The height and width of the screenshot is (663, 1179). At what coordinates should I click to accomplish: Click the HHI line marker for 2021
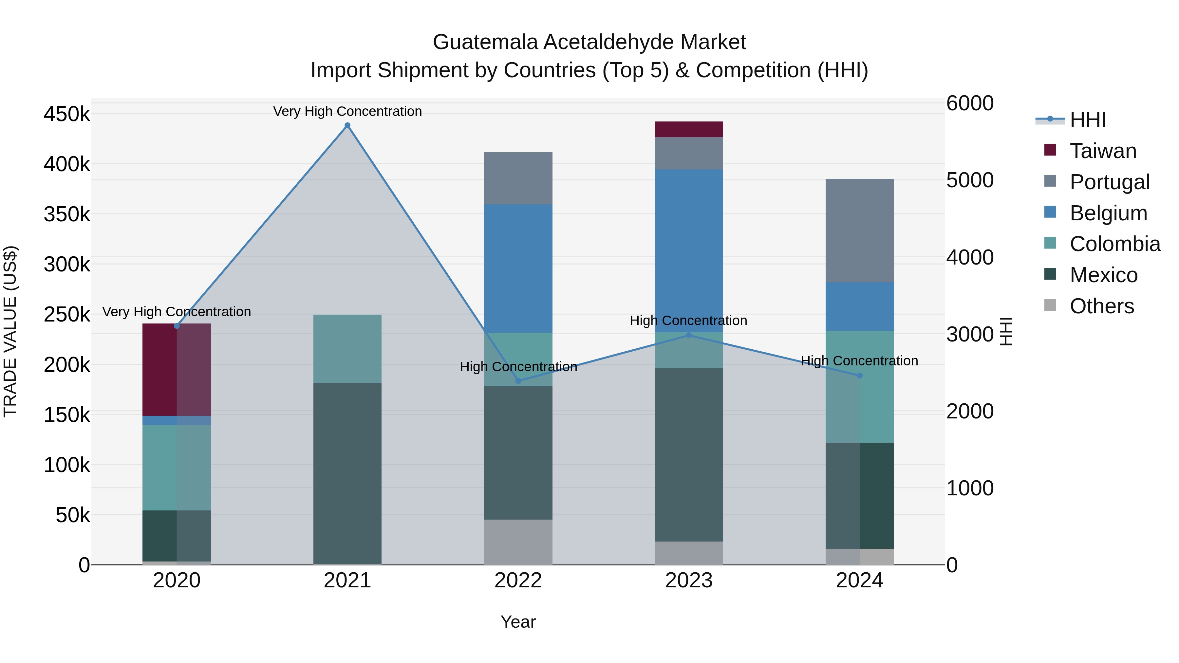[x=347, y=125]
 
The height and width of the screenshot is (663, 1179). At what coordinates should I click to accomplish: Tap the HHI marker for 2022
[x=518, y=381]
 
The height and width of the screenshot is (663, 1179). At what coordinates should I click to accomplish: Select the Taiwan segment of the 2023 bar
[x=689, y=129]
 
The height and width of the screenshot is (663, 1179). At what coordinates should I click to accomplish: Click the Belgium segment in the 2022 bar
[x=518, y=268]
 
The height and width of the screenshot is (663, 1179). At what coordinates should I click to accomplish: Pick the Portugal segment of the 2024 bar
[x=860, y=230]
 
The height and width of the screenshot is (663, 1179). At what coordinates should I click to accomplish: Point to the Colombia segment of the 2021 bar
[x=347, y=349]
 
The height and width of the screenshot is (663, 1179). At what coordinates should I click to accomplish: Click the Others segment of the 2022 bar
[x=518, y=542]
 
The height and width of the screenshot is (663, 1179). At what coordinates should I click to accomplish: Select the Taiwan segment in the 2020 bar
[x=177, y=370]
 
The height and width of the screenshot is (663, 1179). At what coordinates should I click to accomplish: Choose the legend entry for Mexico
[x=1103, y=275]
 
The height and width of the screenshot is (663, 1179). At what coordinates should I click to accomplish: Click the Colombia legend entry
[x=1114, y=244]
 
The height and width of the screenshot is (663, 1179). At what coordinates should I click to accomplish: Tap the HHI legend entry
[x=1087, y=120]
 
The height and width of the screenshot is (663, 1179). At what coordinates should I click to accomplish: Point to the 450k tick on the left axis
[x=67, y=114]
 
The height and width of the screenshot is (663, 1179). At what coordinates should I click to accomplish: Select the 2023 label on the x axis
[x=689, y=580]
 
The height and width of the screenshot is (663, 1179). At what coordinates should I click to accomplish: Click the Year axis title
[x=518, y=622]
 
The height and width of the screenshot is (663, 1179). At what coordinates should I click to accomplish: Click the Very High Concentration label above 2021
[x=347, y=111]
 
